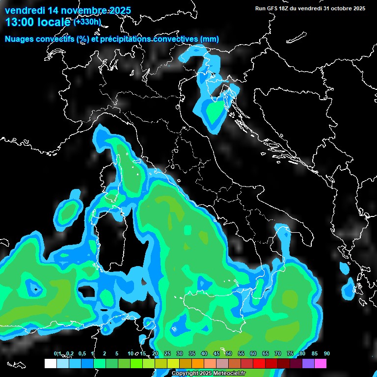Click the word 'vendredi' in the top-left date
point(25,9)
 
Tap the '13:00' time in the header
point(20,22)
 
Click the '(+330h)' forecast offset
point(87,22)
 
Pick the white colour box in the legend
point(50,364)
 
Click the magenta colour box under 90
point(321,364)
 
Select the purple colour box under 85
point(308,364)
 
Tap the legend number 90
point(327,353)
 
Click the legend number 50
point(229,353)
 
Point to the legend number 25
point(167,353)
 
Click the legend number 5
point(117,353)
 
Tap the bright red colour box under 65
point(259,364)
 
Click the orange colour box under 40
point(198,364)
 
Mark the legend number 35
point(192,353)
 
